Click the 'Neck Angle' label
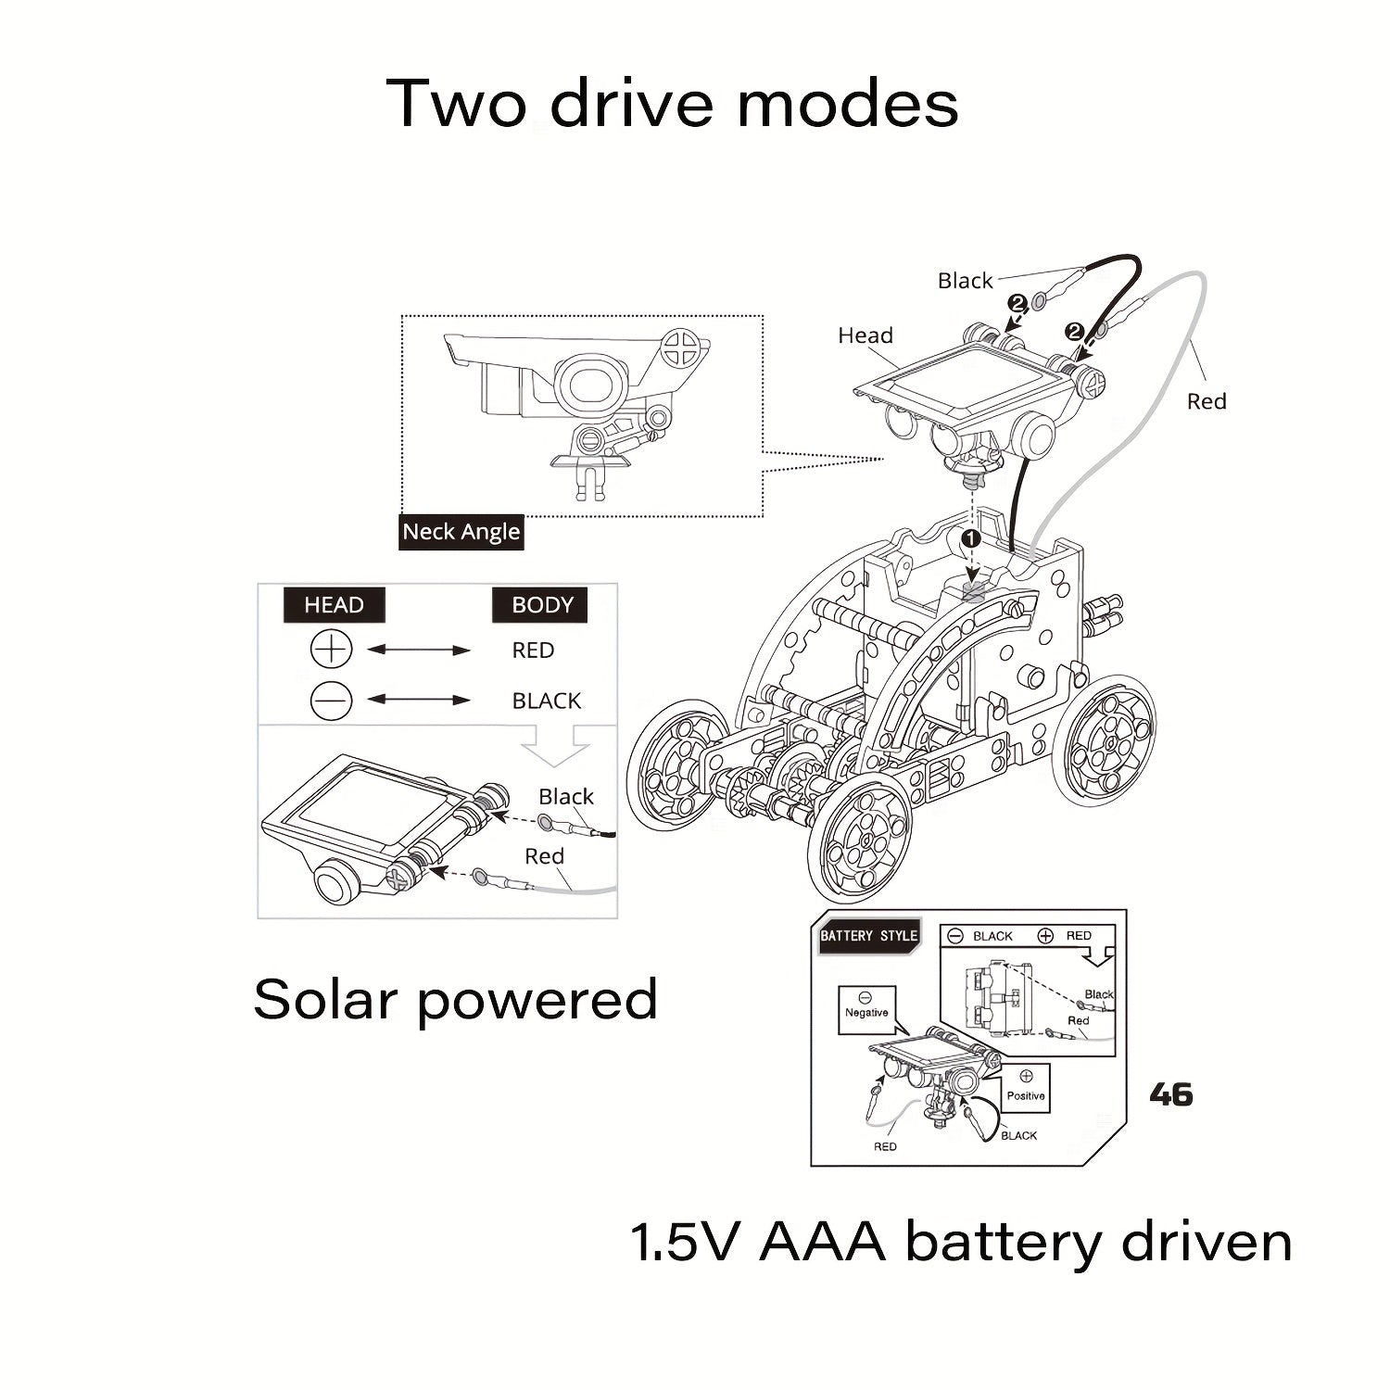(x=461, y=532)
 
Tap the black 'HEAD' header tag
(x=334, y=605)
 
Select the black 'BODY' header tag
(x=542, y=605)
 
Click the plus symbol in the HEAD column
(x=331, y=650)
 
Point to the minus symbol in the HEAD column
(x=331, y=701)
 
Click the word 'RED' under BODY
(x=533, y=651)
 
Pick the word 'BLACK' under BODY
(x=547, y=701)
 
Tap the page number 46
(x=1170, y=1094)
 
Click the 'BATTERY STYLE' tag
(x=868, y=936)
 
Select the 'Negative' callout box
(x=866, y=1006)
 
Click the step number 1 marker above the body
(x=970, y=537)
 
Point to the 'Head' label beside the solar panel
(x=866, y=335)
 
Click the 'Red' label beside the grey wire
(x=1207, y=401)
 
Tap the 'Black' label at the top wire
(x=965, y=281)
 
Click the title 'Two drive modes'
(x=672, y=103)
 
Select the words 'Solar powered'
(x=455, y=1000)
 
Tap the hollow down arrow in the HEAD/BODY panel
(x=556, y=747)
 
